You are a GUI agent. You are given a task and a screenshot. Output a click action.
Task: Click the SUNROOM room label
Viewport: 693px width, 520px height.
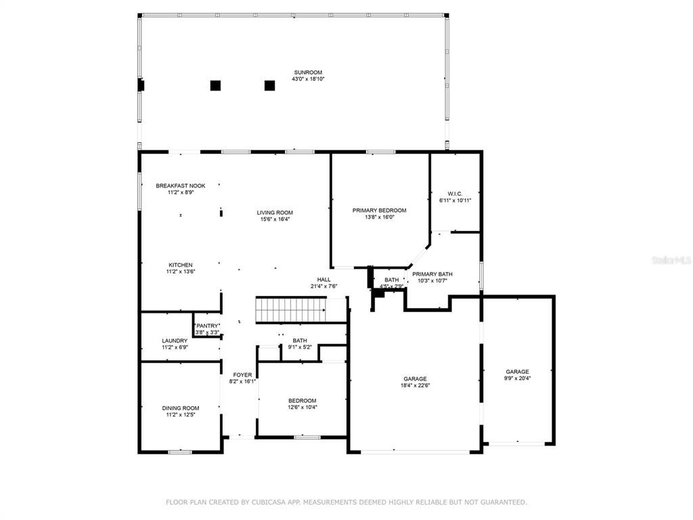308,72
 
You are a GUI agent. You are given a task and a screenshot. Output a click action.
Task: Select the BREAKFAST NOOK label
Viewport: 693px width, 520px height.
180,186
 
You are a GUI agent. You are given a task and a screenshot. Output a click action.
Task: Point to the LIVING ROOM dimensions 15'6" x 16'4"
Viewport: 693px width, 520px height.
275,219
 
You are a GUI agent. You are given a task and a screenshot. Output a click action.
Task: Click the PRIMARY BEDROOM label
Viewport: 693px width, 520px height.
379,211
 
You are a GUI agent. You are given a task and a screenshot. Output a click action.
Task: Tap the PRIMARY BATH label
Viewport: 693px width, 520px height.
432,274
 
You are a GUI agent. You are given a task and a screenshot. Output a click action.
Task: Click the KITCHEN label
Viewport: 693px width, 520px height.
181,265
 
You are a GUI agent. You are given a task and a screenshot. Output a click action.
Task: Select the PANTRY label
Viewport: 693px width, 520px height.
207,326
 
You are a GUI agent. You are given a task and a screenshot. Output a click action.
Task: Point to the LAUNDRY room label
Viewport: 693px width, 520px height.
175,341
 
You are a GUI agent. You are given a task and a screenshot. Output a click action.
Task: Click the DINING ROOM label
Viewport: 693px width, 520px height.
181,408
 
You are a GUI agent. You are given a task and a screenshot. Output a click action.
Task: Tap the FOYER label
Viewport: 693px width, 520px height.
242,374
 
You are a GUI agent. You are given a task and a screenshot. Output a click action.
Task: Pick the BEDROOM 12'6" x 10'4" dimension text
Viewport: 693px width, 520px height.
302,407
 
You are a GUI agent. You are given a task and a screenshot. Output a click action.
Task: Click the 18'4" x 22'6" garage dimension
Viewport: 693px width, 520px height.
415,385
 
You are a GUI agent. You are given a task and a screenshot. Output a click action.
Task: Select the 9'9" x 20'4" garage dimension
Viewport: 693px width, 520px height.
517,378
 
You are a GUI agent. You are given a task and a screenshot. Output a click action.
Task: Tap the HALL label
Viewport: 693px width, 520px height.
324,280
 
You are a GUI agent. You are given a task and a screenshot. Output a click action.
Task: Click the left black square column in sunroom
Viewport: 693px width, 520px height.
215,85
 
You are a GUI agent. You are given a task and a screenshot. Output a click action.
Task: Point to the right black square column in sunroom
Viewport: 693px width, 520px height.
269,85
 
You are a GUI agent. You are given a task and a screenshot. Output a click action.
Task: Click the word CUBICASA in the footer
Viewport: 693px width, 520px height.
260,502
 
